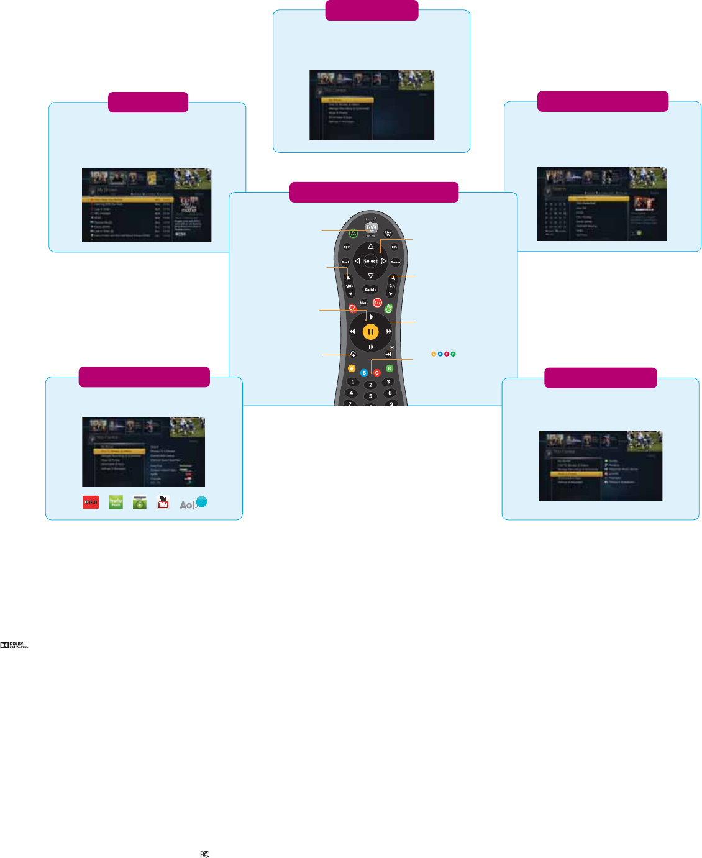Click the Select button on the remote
coord(370,261)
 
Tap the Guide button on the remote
coord(370,290)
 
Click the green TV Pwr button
coord(353,234)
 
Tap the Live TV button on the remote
coord(388,234)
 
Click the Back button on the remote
coord(345,262)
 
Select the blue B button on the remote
coord(364,373)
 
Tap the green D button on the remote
coord(390,368)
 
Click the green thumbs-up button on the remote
coord(389,308)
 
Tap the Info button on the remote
coord(394,247)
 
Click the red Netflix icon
coord(91,503)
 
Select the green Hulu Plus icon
coord(116,503)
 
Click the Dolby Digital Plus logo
coord(14,646)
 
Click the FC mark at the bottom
coord(204,854)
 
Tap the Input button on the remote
coord(347,247)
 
